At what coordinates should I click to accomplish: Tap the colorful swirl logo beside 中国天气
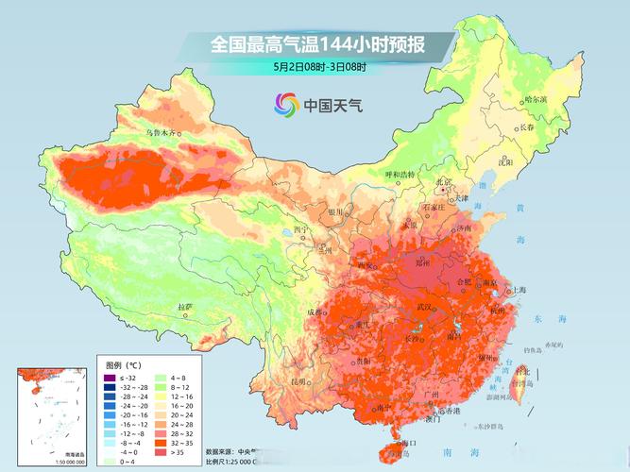click(286, 105)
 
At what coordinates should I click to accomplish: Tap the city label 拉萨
click(185, 307)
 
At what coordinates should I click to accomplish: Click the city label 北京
click(443, 182)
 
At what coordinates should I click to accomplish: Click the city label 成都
click(314, 312)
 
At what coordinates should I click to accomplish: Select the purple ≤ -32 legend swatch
click(110, 378)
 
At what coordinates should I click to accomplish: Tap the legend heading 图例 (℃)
click(124, 364)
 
